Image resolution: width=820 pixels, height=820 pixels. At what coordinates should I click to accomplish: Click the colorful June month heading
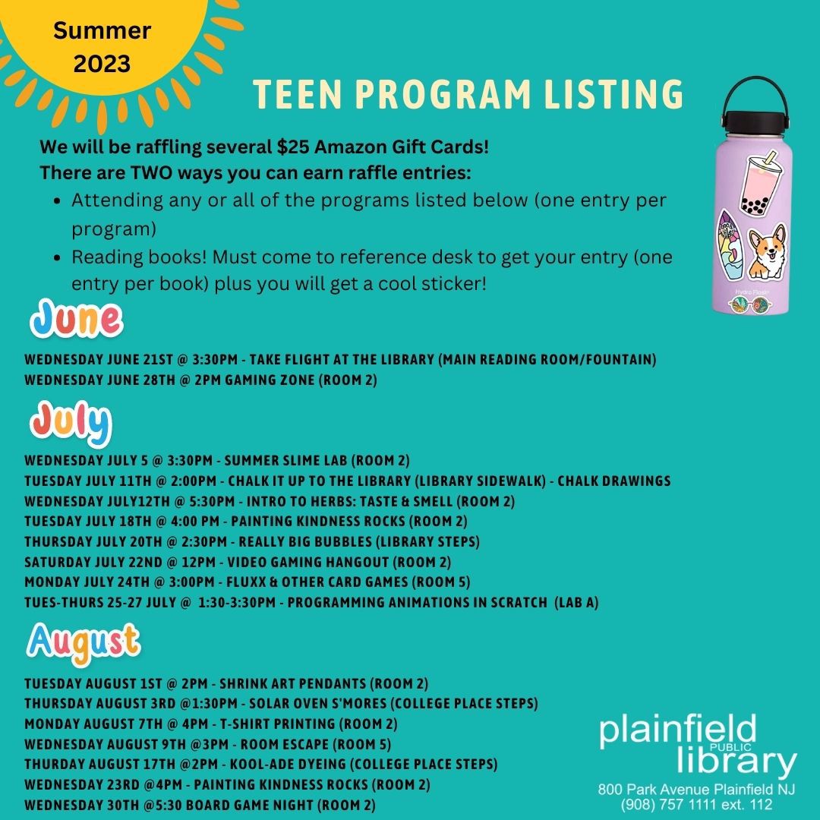[76, 320]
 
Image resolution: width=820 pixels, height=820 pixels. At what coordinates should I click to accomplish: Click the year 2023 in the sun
[102, 62]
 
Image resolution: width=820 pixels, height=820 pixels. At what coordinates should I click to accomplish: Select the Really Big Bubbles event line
[251, 541]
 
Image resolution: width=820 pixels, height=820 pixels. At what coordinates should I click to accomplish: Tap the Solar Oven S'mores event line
[281, 702]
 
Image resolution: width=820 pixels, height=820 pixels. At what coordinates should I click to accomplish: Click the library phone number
[696, 804]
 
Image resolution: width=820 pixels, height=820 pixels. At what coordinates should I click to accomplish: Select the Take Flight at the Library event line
[340, 359]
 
